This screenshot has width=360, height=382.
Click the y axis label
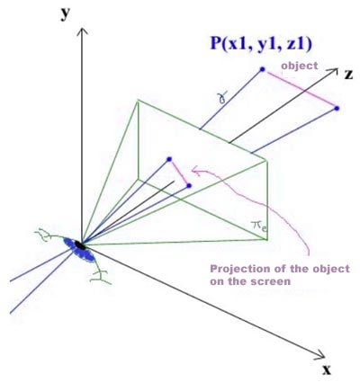[66, 14]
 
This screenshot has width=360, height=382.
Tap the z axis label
[348, 75]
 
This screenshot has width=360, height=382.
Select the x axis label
[327, 370]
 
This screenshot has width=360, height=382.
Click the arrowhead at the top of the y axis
[82, 31]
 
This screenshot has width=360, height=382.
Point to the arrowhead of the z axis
[333, 72]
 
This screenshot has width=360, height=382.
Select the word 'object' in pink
[299, 66]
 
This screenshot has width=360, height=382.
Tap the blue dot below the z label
[337, 109]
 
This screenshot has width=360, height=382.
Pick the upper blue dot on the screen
[169, 159]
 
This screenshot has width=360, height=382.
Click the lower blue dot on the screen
[189, 186]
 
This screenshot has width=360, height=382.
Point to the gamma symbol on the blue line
[222, 97]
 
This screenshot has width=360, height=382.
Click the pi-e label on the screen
[259, 226]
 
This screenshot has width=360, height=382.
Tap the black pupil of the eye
[80, 244]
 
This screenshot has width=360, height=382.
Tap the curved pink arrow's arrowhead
[195, 171]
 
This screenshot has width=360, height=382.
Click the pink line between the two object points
[300, 89]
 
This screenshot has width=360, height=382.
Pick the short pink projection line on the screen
[179, 173]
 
